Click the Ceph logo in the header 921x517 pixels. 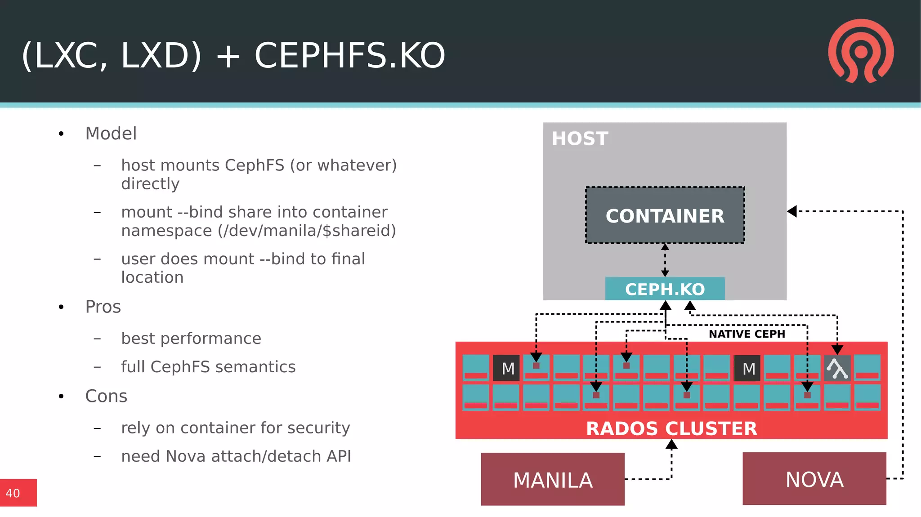pos(861,51)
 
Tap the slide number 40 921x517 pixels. pos(13,493)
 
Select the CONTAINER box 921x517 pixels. pos(665,216)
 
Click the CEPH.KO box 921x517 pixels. pos(665,289)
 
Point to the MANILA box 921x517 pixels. pos(552,479)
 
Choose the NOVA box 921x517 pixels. pos(814,479)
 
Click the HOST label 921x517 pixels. pos(580,138)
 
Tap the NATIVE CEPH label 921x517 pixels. pos(747,334)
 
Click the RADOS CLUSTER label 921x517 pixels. pos(671,428)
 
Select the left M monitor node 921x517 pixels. pos(507,368)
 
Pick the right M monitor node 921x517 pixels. pos(747,368)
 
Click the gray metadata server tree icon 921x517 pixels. pos(837,368)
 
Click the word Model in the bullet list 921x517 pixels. pos(111,134)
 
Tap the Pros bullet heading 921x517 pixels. pos(103,307)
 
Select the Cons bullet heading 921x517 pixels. pos(106,396)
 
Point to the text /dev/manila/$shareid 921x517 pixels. pos(307,231)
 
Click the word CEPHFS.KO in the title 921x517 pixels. pos(349,55)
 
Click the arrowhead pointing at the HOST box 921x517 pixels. pos(792,211)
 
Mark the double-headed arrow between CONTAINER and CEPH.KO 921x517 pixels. pos(665,260)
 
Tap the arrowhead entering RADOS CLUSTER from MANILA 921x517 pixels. pos(671,445)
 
